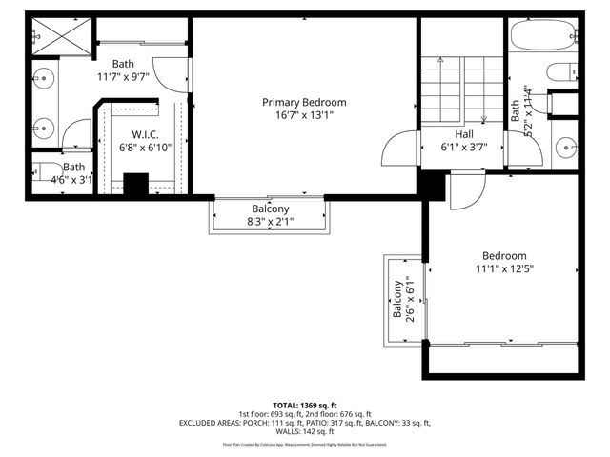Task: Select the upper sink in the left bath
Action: tap(43, 80)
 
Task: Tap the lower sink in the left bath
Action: tap(43, 125)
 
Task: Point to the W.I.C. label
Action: tap(144, 134)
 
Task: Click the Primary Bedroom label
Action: tap(304, 102)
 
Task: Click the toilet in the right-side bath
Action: tap(562, 72)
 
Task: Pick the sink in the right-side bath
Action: tap(565, 148)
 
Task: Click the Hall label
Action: tap(464, 134)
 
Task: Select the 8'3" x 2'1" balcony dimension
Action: tap(271, 223)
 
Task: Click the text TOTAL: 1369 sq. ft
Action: tap(305, 406)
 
